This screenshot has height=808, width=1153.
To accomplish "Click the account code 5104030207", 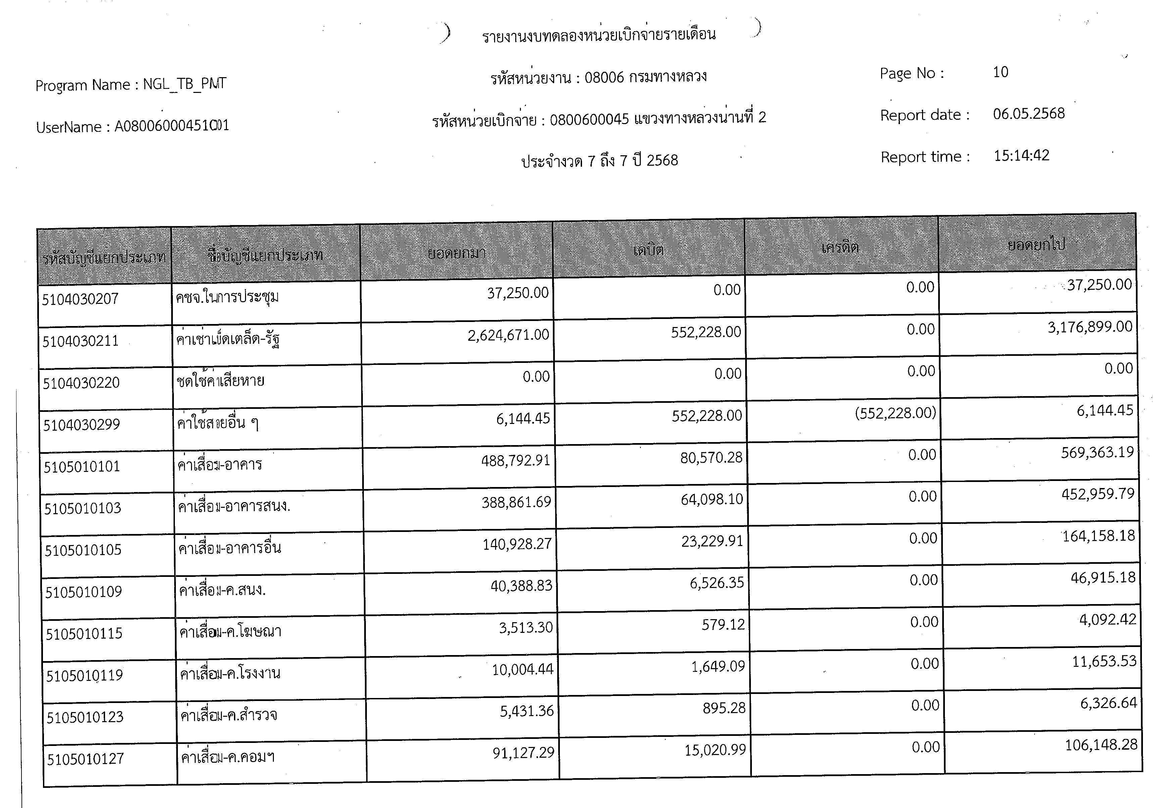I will (x=80, y=300).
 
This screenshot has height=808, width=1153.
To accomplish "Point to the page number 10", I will (x=1000, y=72).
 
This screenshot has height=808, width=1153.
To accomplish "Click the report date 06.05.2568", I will (x=1028, y=114).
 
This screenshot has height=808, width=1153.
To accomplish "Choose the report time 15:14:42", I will (x=1021, y=156).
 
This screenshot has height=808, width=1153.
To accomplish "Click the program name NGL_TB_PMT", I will (x=184, y=84).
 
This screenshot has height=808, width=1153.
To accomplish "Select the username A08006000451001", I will (x=172, y=125).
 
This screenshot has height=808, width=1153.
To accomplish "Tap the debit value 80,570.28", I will (x=711, y=458).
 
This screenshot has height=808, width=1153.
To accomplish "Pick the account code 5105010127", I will (x=85, y=759).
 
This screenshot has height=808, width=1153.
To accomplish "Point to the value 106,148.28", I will (x=1101, y=745).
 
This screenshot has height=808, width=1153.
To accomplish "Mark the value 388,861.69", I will (x=516, y=502).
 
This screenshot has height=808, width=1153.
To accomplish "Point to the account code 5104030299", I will (x=81, y=425).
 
